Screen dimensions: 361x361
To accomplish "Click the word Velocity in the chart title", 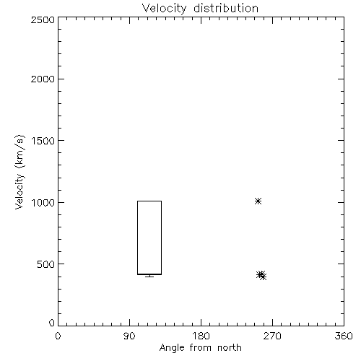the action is pos(165,9).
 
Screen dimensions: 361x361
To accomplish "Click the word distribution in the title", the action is pos(226,8).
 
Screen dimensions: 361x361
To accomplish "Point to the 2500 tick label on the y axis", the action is pos(43,19).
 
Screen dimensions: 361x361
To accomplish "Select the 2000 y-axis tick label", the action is pos(43,79).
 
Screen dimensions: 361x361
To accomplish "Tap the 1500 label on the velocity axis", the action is pos(43,141).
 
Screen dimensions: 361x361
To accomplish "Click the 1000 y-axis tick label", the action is pos(43,203).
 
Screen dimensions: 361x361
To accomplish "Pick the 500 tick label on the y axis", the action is pos(46,264).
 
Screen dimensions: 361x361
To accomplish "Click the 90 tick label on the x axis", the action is pos(129,336).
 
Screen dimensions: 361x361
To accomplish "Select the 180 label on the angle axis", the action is pos(201,336).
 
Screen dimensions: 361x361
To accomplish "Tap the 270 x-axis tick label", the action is pos(272,336).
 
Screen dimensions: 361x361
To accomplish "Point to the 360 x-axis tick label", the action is pos(344,336).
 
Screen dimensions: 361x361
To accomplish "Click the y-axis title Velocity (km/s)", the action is pos(19,172).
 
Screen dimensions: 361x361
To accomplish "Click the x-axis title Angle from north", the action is pos(201,348).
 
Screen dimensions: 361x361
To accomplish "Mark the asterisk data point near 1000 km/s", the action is pos(258,201).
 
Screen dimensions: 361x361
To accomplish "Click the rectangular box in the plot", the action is pos(137,238).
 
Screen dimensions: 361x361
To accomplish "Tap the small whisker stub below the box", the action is pos(149,276).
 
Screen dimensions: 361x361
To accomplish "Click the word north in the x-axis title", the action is pos(230,347).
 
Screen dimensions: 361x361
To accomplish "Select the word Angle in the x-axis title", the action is pos(172,348).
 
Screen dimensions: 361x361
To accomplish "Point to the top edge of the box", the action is pos(149,201).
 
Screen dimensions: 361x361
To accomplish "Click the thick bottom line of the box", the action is pos(149,274).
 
